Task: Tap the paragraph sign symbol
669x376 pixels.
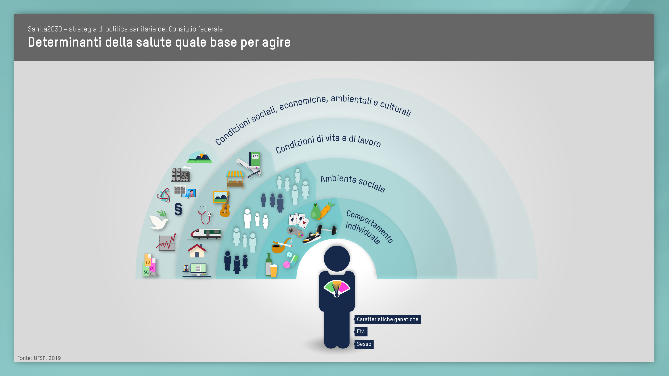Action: coord(178,209)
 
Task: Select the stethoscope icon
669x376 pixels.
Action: coord(204,215)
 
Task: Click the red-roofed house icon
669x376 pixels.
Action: coord(197,251)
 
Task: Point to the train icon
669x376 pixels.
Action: coord(205,234)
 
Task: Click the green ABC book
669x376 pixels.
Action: coord(254,160)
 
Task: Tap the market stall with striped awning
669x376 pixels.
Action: coord(235,179)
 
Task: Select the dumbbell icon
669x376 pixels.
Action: coord(327,230)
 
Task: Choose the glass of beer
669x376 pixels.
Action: coord(274,271)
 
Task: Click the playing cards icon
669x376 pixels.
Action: coord(299,220)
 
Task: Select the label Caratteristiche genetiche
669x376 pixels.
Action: coord(388,319)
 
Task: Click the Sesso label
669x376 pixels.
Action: coord(364,344)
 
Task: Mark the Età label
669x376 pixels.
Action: coord(361,332)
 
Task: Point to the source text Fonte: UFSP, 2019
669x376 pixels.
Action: coord(39,358)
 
